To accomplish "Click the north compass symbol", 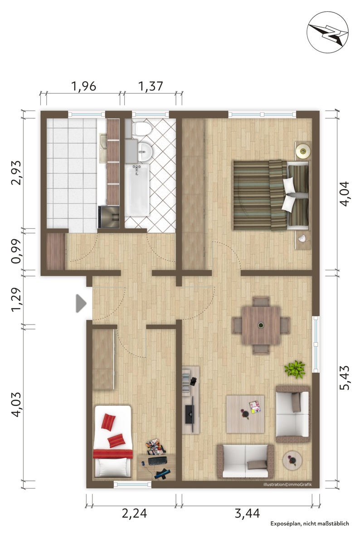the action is pos(327,32).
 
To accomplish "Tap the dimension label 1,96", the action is pos(83,86).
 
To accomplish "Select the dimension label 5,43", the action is pos(344,378).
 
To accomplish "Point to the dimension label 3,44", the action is pos(247,513).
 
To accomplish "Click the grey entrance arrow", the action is pos(81,303).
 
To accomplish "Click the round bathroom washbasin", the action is pos(145,151).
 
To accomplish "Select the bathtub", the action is pos(137,190).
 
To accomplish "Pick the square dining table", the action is pos(261,325).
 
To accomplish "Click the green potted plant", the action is pos(295,369).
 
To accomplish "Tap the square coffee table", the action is pos(245,414).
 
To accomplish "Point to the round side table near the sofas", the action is pos(292,460).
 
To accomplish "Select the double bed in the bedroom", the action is pos(271,194).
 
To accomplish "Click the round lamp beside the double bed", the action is pos(303,150).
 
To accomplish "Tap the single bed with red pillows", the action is pos(112,441).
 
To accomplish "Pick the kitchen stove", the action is pos(109,217).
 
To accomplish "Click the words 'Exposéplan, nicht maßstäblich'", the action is pos(310,523).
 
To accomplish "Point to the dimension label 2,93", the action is pos(16,173).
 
